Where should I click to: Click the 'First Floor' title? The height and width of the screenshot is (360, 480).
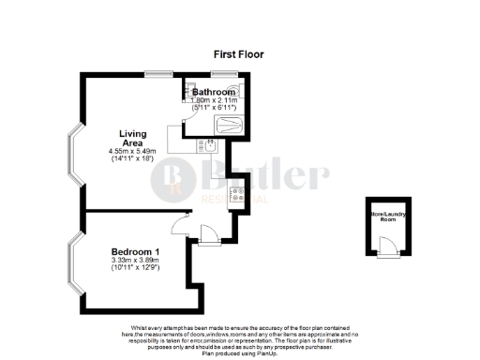click(237, 54)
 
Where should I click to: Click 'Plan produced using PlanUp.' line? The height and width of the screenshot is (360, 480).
click(239, 355)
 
